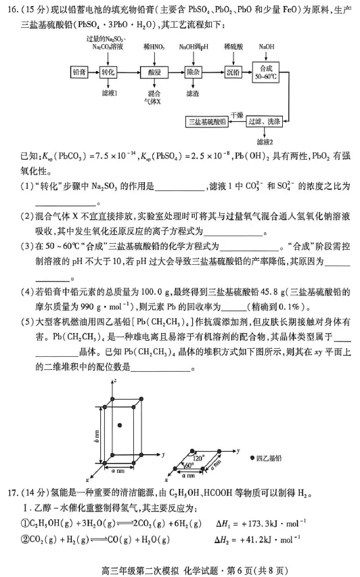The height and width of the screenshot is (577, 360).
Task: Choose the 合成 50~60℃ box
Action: [266, 71]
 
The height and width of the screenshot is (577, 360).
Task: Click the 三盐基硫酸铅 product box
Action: [207, 121]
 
